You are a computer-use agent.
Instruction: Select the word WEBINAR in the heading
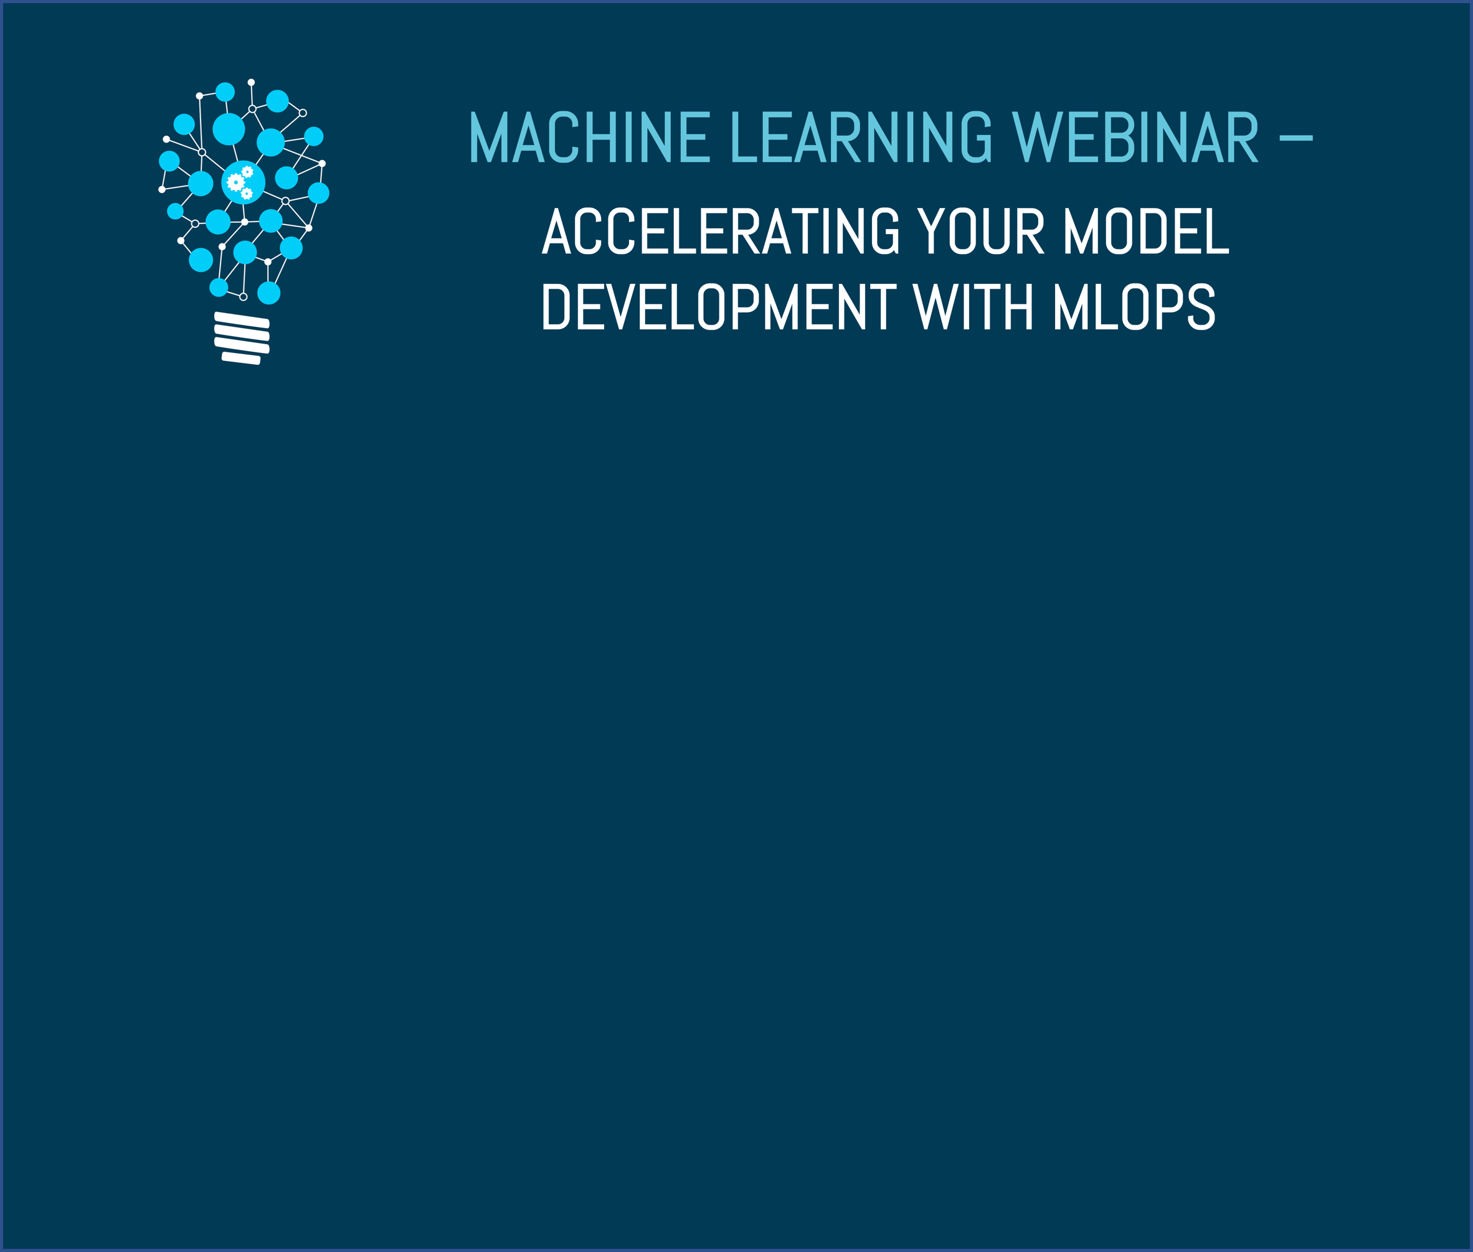pos(1135,137)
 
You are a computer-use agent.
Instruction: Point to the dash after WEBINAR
pos(1295,138)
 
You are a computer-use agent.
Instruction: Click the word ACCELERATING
pos(721,231)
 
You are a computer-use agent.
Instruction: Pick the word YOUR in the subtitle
pos(980,231)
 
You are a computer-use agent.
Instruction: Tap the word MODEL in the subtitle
pos(1147,231)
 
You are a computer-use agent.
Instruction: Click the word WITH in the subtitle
pos(972,306)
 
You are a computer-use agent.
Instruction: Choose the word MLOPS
pos(1134,306)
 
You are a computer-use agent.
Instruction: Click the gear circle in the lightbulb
pos(244,182)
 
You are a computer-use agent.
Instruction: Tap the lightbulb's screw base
pos(242,338)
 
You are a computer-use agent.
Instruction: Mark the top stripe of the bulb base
pos(242,319)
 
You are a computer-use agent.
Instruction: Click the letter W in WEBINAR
pos(1037,137)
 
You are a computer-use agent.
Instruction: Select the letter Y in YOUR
pos(931,231)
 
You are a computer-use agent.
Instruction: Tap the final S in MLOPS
pos(1201,306)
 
